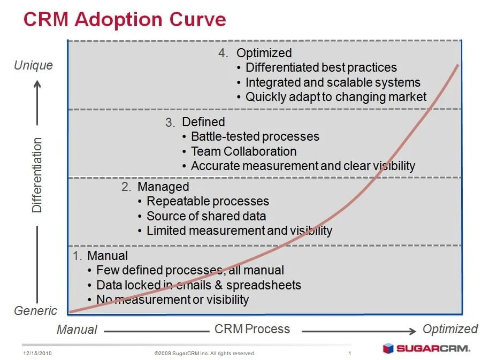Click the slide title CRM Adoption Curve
point(125,19)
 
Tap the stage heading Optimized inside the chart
point(264,53)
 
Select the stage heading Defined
point(203,122)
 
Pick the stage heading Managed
point(163,187)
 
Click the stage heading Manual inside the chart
point(108,256)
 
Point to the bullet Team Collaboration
point(243,151)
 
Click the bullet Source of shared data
point(206,216)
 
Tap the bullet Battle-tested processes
point(255,136)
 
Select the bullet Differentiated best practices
point(321,67)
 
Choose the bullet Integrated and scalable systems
point(333,82)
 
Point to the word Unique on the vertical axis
point(33,65)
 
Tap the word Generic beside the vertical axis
point(35,311)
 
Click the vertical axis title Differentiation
point(37,175)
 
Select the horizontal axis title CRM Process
point(252,330)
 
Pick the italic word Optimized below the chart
point(450,330)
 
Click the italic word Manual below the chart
point(77,330)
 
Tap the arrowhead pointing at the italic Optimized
point(412,331)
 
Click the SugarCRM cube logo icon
point(388,349)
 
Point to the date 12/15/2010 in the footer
point(37,354)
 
